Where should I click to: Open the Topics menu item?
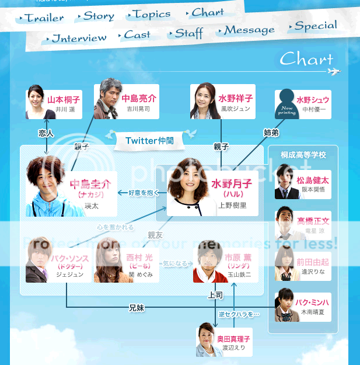151,14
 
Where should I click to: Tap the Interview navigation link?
79,39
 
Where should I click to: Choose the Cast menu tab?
137,34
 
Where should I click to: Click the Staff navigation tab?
188,33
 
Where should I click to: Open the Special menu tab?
315,26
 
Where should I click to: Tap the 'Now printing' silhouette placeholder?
287,104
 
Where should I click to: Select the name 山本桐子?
64,100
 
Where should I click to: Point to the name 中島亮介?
138,99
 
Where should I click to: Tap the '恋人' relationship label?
46,133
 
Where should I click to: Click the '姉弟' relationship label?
271,133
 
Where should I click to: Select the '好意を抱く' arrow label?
142,192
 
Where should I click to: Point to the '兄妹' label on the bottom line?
137,307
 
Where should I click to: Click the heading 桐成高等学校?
303,155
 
